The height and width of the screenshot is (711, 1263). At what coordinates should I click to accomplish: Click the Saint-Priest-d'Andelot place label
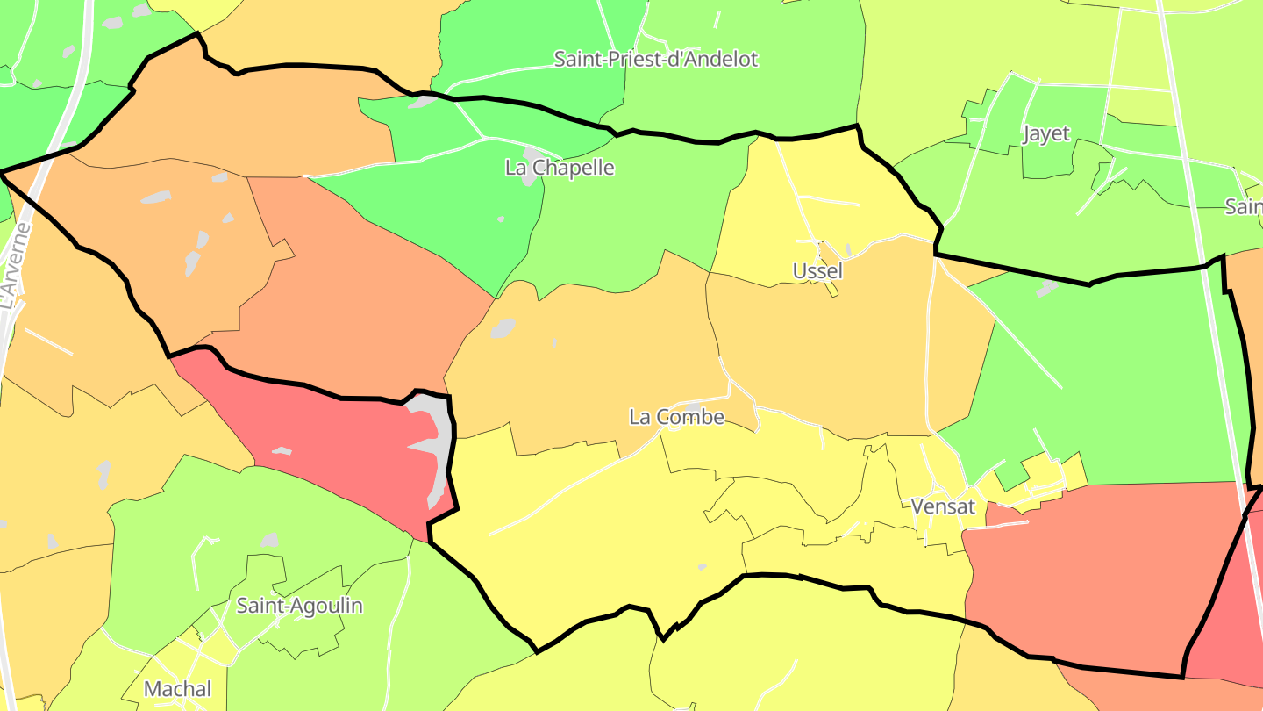pos(656,60)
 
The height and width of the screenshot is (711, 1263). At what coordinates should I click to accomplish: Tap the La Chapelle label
pos(560,168)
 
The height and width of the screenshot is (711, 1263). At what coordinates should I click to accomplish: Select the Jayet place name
pos(1046,133)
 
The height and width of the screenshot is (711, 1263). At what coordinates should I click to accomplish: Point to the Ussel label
pos(817,271)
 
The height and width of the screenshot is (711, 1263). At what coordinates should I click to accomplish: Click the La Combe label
pos(677,417)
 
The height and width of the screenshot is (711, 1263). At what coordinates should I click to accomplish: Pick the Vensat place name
pos(943,506)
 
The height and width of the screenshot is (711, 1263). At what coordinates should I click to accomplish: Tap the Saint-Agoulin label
pos(299,606)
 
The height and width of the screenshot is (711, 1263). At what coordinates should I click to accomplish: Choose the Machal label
pos(177,689)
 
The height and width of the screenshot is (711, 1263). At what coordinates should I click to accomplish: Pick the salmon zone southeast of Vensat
pos(1096,571)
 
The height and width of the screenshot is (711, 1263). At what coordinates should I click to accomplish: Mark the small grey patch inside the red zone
pos(282,451)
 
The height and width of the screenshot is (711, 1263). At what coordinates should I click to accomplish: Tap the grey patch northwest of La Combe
pos(503,328)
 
